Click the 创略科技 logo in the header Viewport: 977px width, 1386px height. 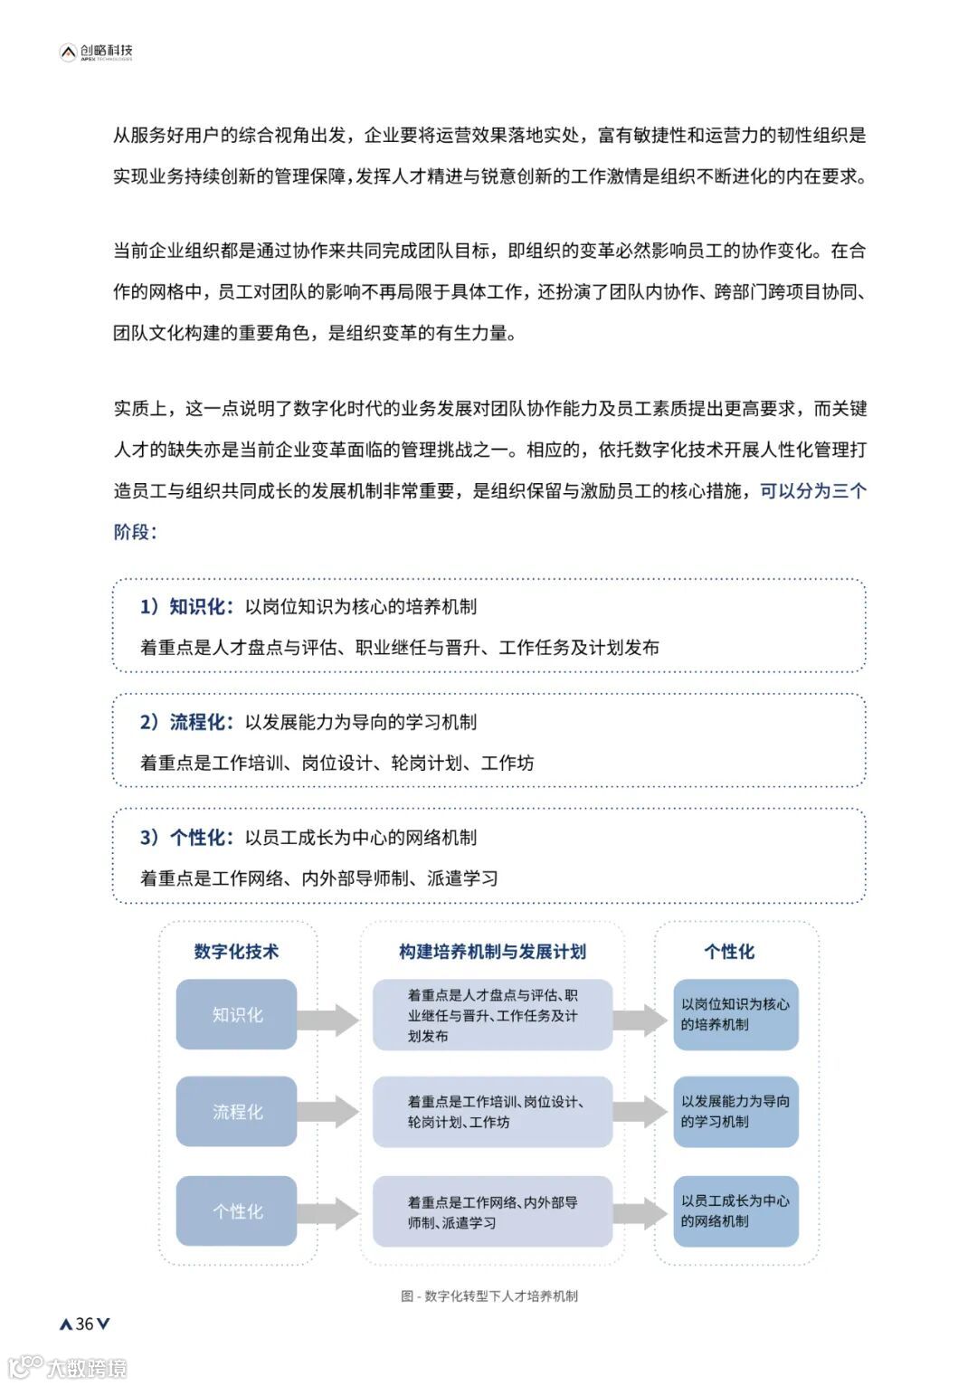[96, 52]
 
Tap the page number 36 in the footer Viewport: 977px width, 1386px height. [84, 1324]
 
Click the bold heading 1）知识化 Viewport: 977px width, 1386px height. [186, 606]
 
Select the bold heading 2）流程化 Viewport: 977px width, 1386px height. [186, 722]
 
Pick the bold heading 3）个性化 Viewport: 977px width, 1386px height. [186, 838]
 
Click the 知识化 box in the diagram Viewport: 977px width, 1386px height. [237, 1015]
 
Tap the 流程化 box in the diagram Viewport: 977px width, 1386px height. [237, 1112]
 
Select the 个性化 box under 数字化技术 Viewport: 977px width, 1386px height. [237, 1211]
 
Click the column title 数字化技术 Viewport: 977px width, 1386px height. [236, 952]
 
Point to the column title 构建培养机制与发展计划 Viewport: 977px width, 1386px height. [492, 952]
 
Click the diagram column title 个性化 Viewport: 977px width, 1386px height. [729, 952]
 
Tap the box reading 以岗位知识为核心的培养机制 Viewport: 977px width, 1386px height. [735, 1014]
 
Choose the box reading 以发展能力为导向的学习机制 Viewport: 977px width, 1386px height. [735, 1112]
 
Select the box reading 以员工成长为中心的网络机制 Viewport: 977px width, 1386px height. [735, 1211]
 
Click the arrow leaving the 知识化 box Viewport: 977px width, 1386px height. [329, 1020]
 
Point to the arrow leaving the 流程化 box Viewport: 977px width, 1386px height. [329, 1112]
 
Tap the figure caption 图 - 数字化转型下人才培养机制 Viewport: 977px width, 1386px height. [489, 1296]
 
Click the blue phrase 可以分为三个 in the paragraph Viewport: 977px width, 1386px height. [813, 491]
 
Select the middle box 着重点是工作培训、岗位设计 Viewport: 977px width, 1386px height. [493, 1112]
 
